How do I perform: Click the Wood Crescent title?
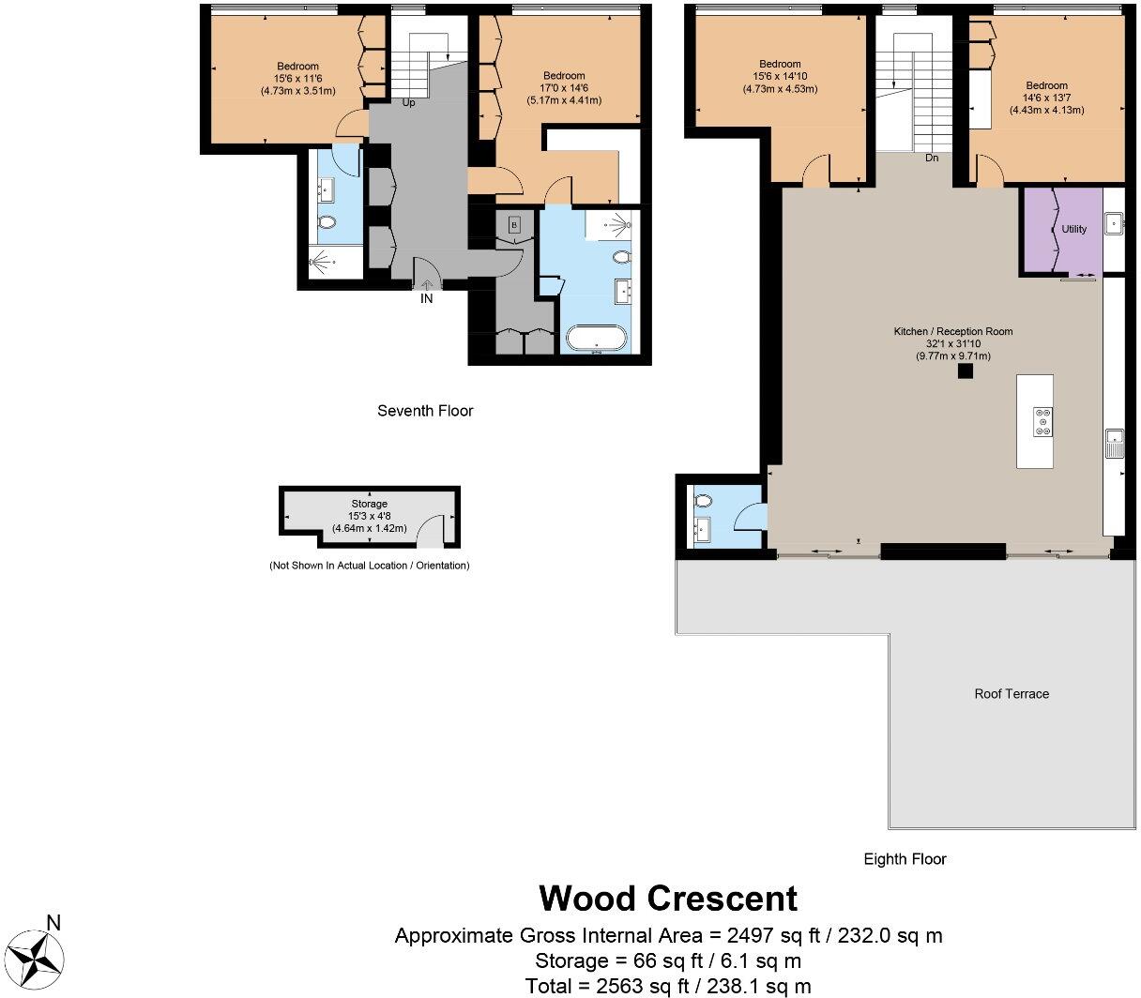tap(668, 899)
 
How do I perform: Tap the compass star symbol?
tap(38, 960)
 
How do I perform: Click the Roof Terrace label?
tap(1012, 693)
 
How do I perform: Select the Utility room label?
tap(1073, 229)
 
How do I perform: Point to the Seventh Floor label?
tap(425, 411)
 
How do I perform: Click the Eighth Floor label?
tap(905, 858)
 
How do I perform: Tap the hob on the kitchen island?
tap(1042, 422)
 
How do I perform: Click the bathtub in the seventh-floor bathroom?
tap(597, 339)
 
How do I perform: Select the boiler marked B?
tap(514, 225)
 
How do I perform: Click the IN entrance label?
tap(426, 299)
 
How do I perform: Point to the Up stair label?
tap(408, 103)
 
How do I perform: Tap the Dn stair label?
tap(932, 158)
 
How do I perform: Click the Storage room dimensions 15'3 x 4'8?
tap(369, 516)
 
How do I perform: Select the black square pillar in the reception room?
tap(966, 370)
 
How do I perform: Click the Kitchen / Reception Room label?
tap(953, 331)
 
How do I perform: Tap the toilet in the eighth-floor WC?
tap(704, 501)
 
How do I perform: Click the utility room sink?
tap(1114, 223)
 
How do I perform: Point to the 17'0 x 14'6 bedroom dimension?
tap(564, 88)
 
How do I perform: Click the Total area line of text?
tap(668, 986)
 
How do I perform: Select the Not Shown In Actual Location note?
tap(369, 566)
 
